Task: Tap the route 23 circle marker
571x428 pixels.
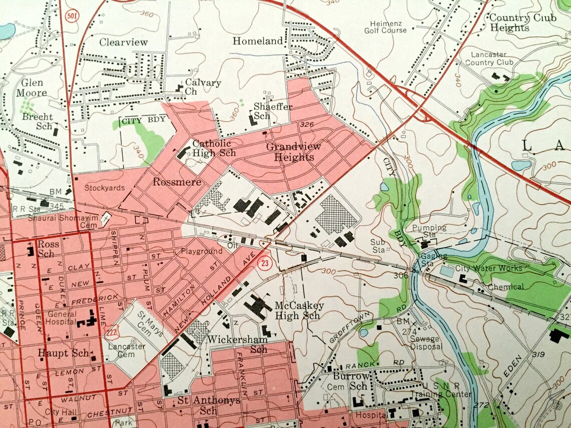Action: (x=264, y=262)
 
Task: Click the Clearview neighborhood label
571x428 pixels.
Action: (x=123, y=43)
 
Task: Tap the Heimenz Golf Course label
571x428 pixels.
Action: (x=388, y=27)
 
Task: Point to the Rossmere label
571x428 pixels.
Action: (x=170, y=182)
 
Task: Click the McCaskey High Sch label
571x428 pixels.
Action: (x=299, y=310)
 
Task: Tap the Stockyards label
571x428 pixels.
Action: (x=104, y=189)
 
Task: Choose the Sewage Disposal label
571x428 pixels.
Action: (x=426, y=342)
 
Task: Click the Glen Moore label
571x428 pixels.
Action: (x=32, y=88)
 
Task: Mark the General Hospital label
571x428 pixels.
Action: (x=62, y=318)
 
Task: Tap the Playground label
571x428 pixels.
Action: (x=201, y=251)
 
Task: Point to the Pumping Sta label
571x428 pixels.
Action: (x=429, y=231)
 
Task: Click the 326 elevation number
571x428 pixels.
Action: (x=307, y=124)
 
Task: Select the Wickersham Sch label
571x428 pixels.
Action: (x=237, y=344)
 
